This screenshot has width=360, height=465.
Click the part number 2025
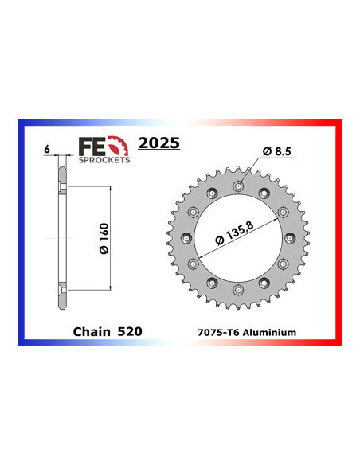[159, 144]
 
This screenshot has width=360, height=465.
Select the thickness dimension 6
[47, 149]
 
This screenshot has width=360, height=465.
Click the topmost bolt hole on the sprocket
[238, 186]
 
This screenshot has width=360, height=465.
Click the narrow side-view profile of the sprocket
[61, 239]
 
